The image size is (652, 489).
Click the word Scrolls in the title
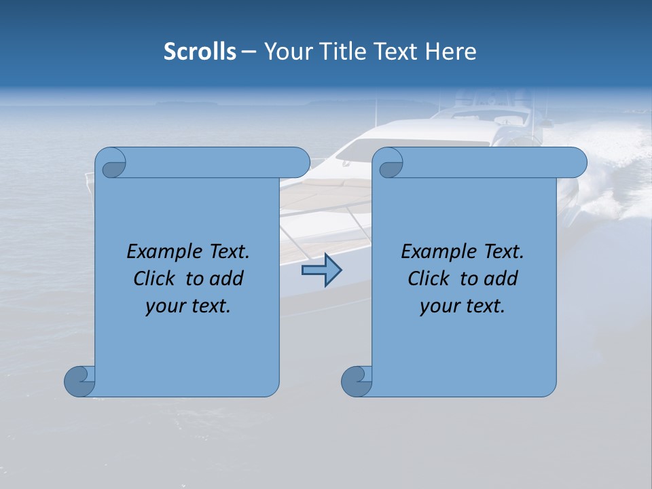(200, 52)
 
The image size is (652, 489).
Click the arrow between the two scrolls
(321, 270)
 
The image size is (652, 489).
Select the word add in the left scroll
(227, 278)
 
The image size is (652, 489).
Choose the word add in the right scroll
(501, 278)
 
